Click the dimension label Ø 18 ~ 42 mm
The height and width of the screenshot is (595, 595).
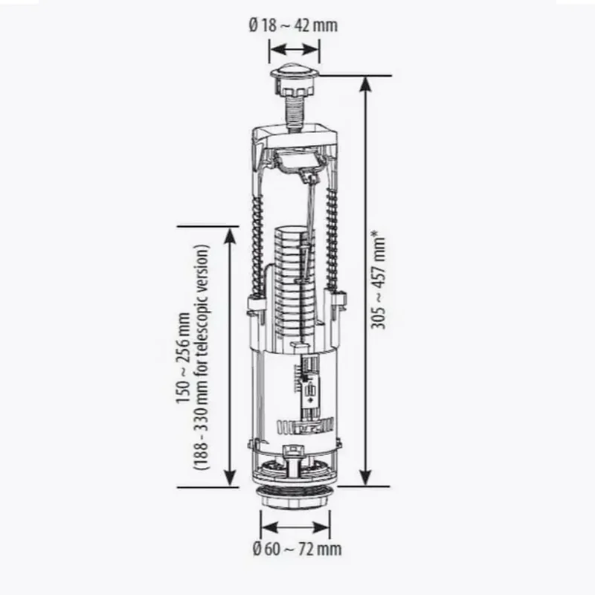click(293, 25)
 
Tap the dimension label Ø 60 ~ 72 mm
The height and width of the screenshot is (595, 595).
click(297, 549)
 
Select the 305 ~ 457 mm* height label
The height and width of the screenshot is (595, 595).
click(378, 280)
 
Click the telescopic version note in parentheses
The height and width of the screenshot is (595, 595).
click(202, 358)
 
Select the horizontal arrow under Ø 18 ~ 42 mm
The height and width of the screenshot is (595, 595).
click(294, 49)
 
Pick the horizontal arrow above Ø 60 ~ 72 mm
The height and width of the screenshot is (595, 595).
click(295, 527)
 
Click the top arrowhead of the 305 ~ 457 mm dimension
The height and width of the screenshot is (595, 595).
click(365, 84)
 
